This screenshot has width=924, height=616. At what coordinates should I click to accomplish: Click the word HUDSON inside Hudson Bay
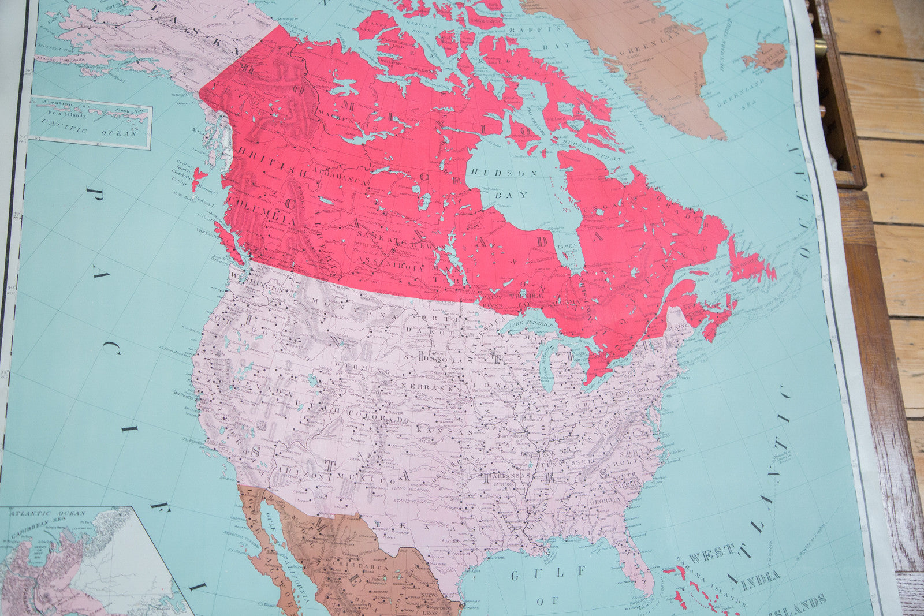click(x=504, y=173)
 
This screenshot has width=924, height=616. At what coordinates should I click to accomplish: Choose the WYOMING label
click(x=364, y=368)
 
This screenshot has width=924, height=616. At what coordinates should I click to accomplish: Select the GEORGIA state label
click(x=604, y=502)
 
